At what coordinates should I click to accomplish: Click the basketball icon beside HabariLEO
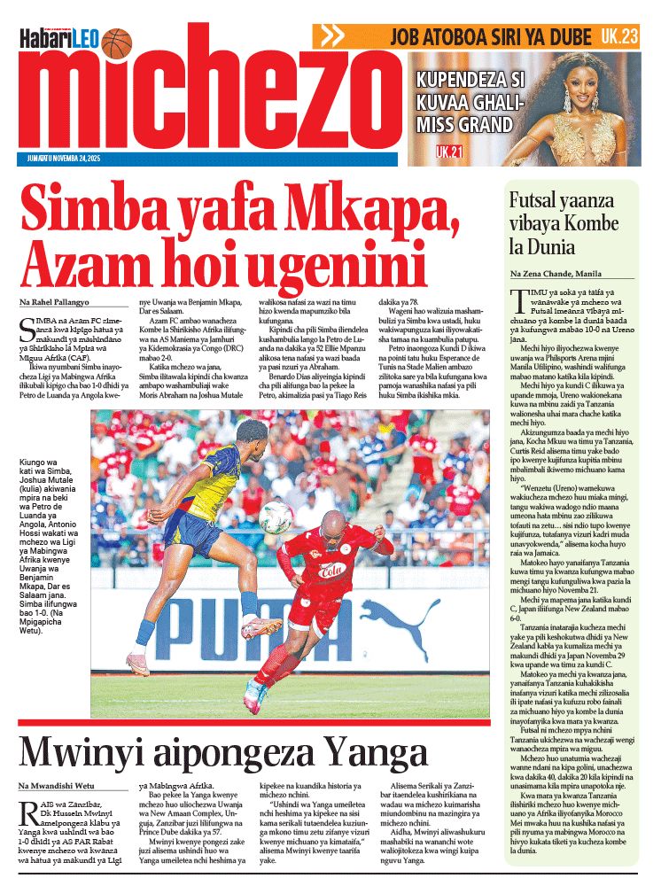tap(117, 42)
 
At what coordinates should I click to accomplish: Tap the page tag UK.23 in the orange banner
tap(619, 36)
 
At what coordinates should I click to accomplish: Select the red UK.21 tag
tap(449, 152)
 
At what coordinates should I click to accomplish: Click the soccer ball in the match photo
tap(276, 517)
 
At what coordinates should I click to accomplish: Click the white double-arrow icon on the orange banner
tap(331, 36)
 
